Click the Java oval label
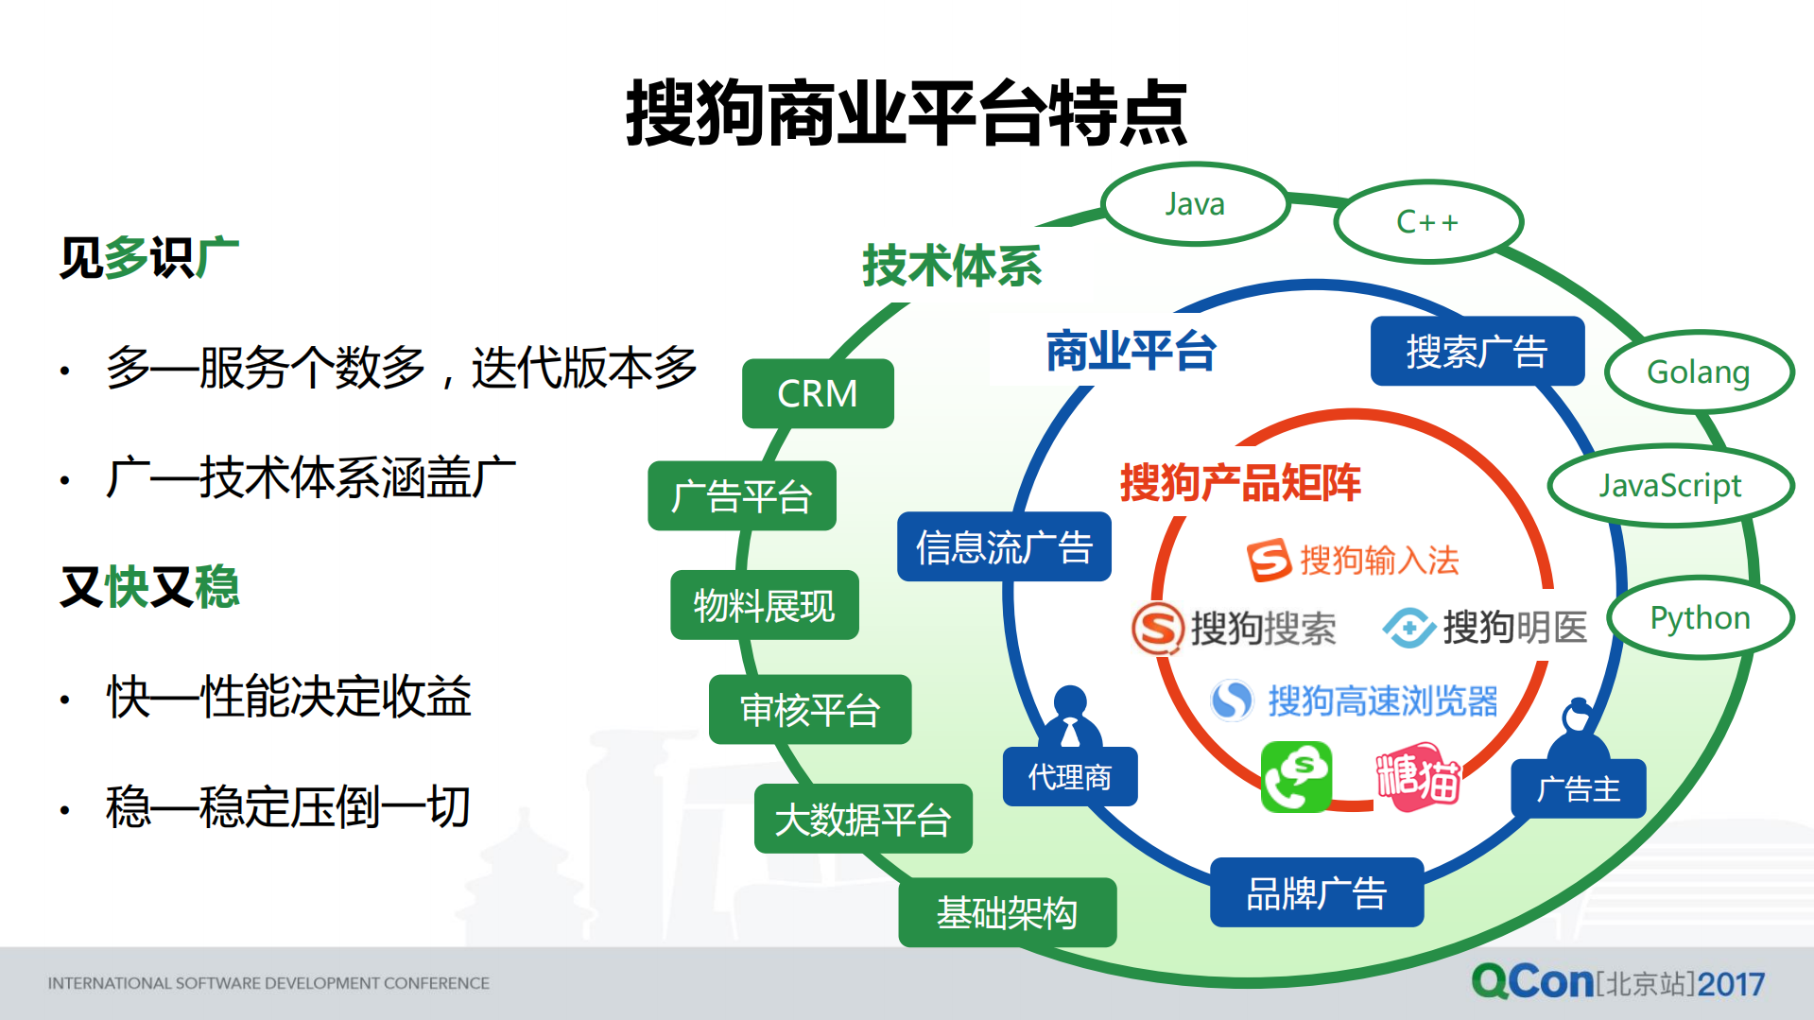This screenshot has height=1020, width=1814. click(x=1195, y=204)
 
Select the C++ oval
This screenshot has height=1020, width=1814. click(x=1427, y=222)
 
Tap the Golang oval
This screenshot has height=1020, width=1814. click(x=1698, y=372)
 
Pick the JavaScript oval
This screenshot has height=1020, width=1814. click(x=1669, y=485)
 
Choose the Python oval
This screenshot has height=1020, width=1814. click(x=1700, y=618)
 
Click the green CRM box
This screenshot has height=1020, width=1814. click(x=818, y=393)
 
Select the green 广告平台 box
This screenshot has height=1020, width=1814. click(x=742, y=496)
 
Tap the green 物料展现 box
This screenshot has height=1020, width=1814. click(x=764, y=605)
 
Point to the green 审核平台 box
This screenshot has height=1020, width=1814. click(x=810, y=710)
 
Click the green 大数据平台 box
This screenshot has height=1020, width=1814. click(x=863, y=819)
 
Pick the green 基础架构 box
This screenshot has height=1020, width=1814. click(x=1007, y=912)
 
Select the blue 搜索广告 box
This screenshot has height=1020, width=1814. click(x=1477, y=352)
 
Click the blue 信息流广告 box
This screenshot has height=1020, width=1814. click(x=1004, y=547)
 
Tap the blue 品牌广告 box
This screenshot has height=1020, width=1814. click(x=1316, y=892)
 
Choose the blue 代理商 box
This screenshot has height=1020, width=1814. click(x=1069, y=777)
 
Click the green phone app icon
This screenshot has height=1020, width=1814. click(x=1296, y=777)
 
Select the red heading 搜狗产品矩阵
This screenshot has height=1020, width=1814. click(x=1240, y=482)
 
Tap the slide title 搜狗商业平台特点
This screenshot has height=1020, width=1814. click(x=907, y=113)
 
